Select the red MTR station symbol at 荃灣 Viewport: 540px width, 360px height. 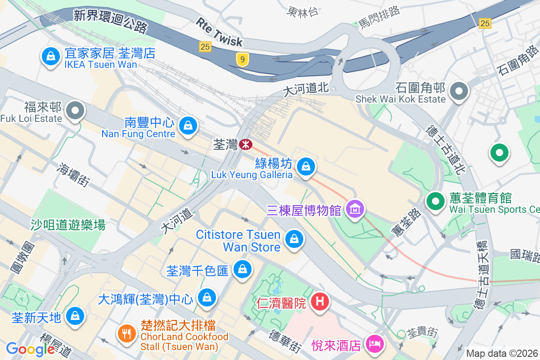point(245,144)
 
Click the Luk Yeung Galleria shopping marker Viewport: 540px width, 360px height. point(306,166)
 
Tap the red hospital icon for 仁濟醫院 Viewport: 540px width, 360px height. point(320,301)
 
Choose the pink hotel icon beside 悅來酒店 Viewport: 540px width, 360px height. point(374,345)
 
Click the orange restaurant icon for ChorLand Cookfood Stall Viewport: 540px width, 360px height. point(125,333)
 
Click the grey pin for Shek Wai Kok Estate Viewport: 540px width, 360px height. point(459,91)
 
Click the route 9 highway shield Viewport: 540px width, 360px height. point(243,59)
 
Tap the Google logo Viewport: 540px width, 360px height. point(31,349)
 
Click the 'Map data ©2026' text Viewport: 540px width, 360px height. point(502,353)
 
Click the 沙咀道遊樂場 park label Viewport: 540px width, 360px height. point(68,225)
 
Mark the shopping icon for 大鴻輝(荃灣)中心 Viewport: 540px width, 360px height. point(207,297)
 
